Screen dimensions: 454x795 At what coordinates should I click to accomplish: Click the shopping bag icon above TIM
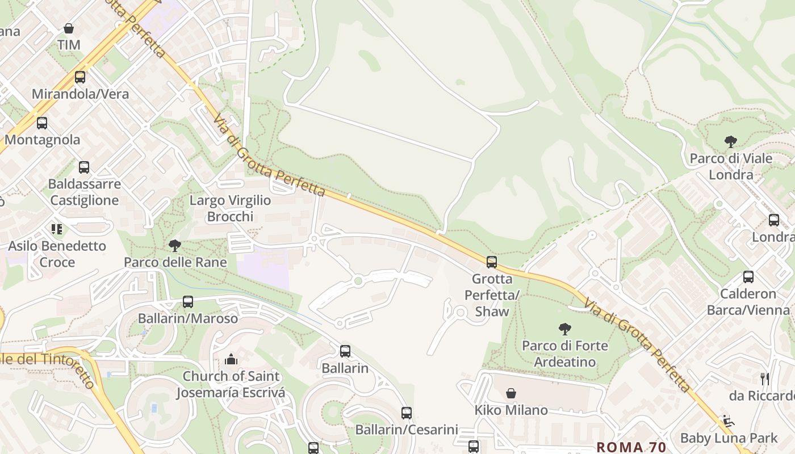(69, 28)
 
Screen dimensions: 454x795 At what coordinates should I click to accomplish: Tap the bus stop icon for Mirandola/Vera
(80, 77)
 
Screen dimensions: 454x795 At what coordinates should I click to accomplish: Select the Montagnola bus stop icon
(42, 123)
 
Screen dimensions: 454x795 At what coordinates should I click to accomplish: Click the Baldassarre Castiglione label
(84, 192)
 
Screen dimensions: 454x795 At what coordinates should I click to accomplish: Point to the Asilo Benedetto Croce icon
(57, 229)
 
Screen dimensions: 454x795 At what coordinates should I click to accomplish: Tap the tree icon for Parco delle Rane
(175, 246)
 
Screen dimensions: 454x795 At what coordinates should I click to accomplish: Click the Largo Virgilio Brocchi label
(230, 208)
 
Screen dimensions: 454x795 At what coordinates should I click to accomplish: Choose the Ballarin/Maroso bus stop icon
(188, 302)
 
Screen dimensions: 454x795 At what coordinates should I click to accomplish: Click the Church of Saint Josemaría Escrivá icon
(231, 359)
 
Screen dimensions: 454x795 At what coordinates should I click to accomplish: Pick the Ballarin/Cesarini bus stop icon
(407, 413)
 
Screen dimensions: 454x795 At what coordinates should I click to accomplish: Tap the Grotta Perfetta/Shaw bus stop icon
(492, 262)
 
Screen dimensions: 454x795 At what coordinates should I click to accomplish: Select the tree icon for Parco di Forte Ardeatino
(564, 329)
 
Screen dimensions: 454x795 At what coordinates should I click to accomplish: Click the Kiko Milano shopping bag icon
(511, 393)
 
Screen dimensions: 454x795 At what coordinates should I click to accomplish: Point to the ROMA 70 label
(631, 447)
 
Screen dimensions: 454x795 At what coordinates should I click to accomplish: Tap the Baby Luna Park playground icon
(729, 421)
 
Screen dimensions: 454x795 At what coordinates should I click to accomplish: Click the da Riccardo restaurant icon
(765, 379)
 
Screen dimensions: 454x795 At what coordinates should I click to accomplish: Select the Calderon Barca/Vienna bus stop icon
(748, 277)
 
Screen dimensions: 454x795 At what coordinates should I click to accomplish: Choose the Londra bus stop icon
(774, 220)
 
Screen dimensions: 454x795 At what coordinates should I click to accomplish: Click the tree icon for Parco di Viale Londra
(731, 142)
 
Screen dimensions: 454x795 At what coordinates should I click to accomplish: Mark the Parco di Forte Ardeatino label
(564, 354)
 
